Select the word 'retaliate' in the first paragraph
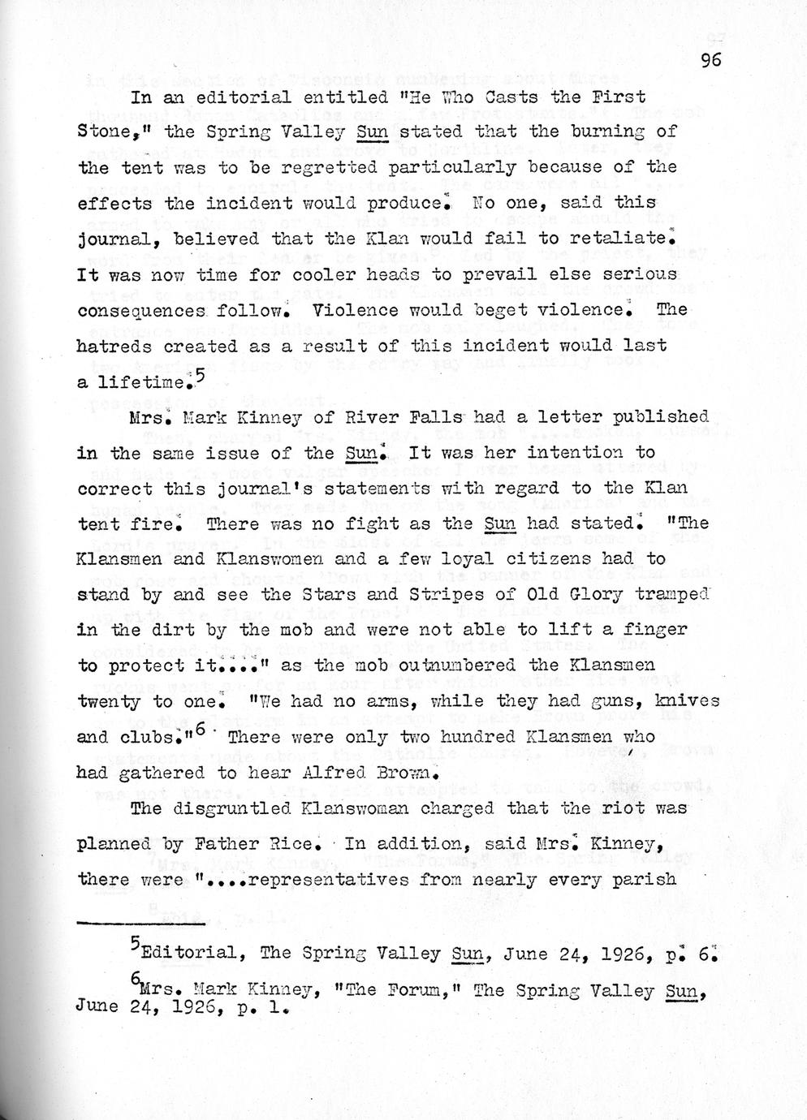pyautogui.click(x=625, y=239)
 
